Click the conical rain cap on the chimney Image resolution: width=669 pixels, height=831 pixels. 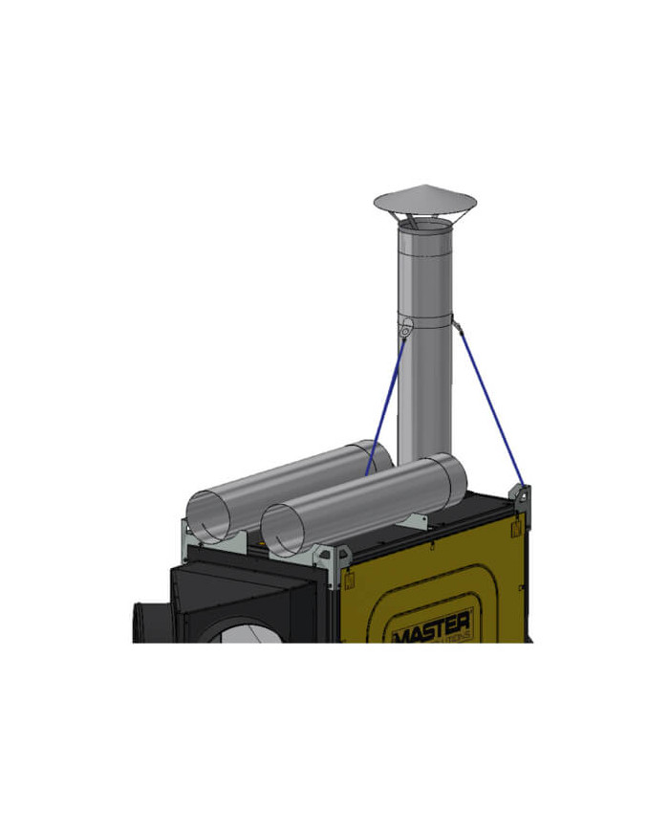tap(424, 200)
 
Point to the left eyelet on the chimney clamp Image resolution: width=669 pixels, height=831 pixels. tap(406, 328)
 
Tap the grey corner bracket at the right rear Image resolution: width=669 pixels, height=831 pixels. tap(522, 498)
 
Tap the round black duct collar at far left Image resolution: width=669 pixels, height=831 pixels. tap(143, 622)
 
